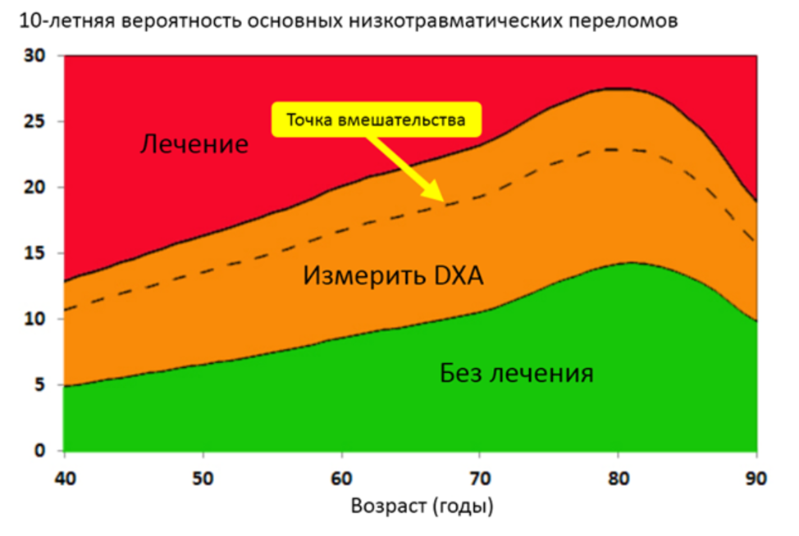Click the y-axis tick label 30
[35, 56]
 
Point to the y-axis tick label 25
[35, 121]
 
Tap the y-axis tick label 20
[35, 188]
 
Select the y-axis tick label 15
[35, 253]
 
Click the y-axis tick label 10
[35, 320]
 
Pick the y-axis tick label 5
[40, 385]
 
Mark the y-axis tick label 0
[40, 451]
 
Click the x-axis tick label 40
[64, 474]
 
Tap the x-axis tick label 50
[203, 474]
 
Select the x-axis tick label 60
[341, 474]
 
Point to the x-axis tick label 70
[480, 474]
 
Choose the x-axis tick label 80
[619, 474]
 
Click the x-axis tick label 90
[756, 474]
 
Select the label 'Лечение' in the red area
[194, 145]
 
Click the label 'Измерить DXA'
[393, 275]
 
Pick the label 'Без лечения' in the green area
[516, 375]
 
